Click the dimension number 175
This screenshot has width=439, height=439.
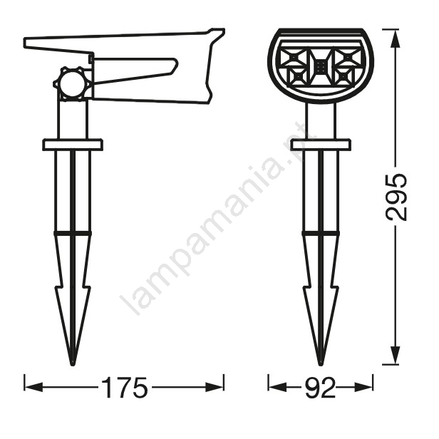(x=125, y=387)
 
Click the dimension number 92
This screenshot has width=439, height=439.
(x=320, y=387)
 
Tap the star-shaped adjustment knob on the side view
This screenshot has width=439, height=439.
(x=73, y=83)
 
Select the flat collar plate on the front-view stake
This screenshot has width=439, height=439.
(x=321, y=145)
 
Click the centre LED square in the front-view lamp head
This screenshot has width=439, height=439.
(x=321, y=67)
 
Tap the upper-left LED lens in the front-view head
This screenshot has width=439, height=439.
(x=294, y=58)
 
